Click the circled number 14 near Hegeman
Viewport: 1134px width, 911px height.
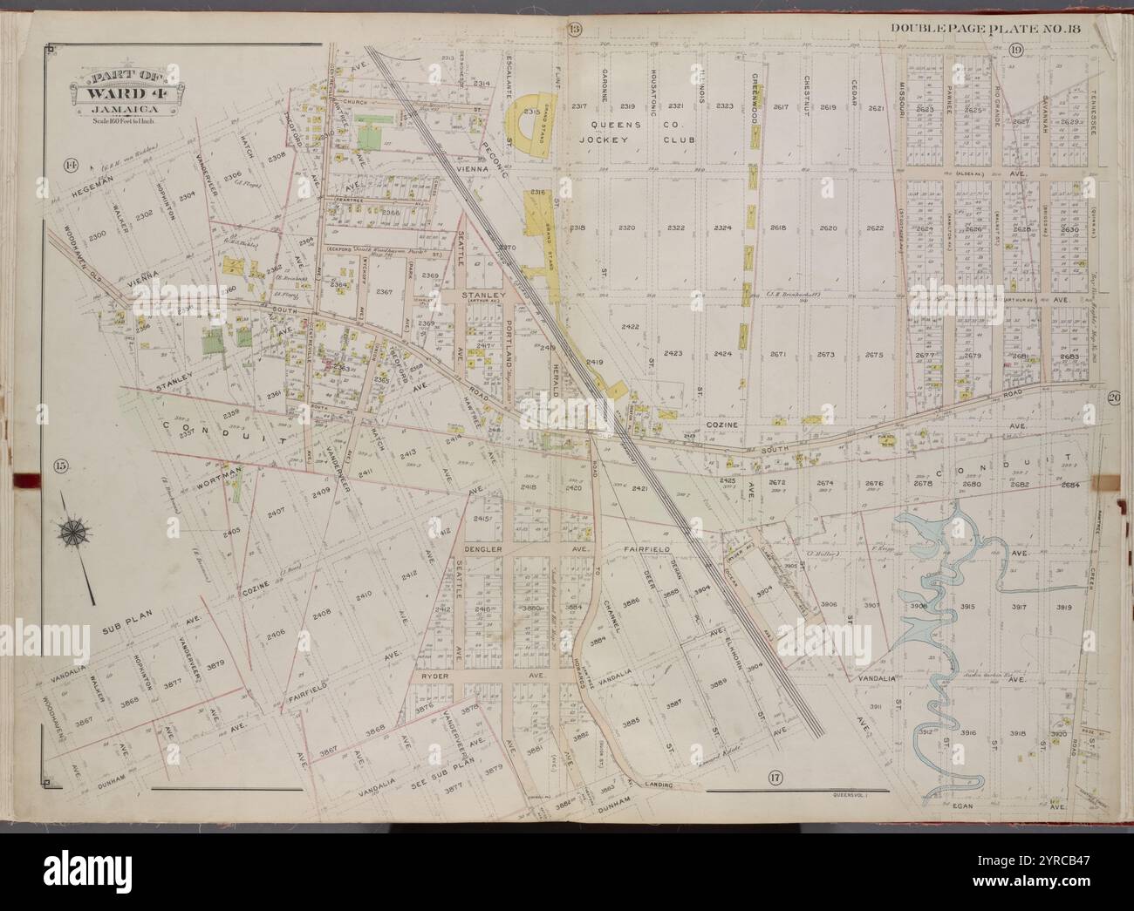[x=71, y=163]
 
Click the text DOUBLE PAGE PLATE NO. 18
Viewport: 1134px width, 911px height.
[x=985, y=29]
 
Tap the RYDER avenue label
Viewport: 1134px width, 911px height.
[x=434, y=676]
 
